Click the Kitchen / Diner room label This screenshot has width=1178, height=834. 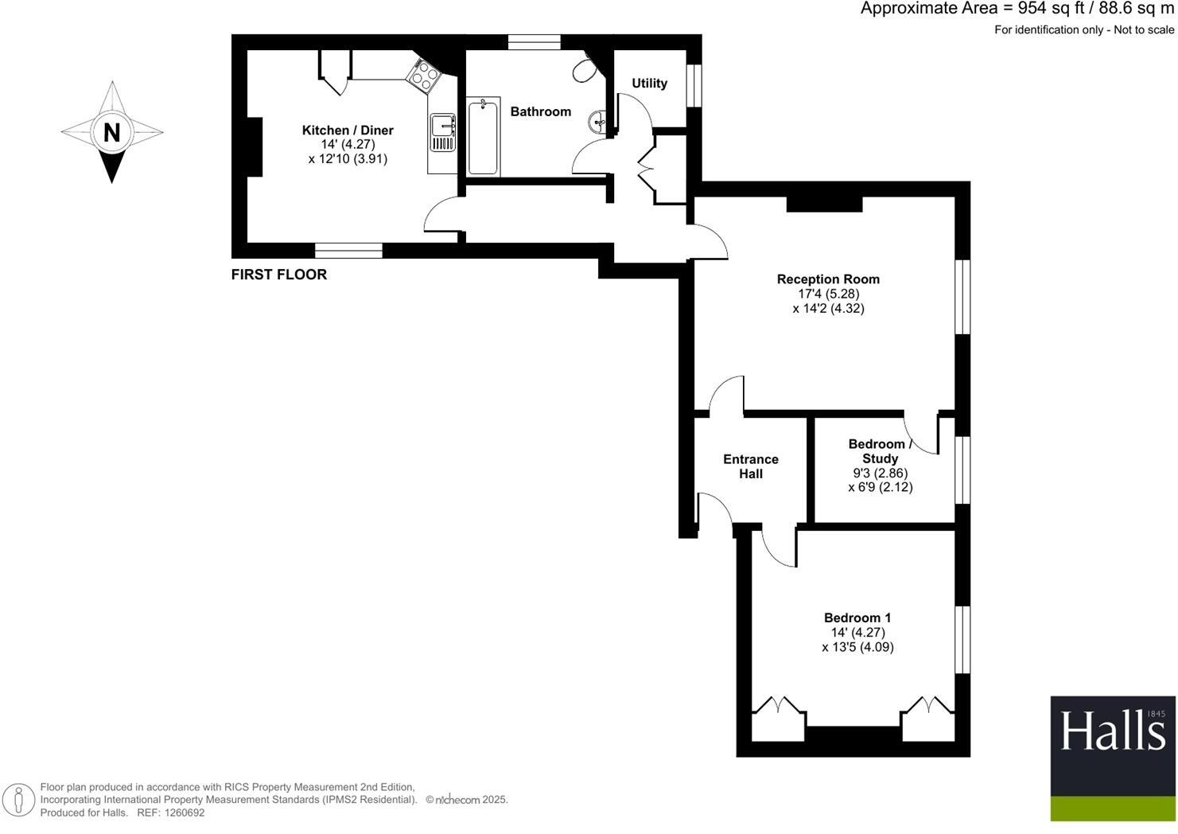[x=348, y=131]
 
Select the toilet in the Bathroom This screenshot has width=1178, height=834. [x=585, y=69]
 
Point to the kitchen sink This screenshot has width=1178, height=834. [x=441, y=132]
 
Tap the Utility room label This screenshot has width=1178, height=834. [x=649, y=84]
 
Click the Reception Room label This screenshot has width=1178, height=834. [x=828, y=279]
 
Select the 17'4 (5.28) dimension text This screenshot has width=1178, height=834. [x=828, y=294]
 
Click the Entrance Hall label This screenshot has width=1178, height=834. [x=750, y=466]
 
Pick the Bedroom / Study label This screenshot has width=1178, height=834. [x=879, y=451]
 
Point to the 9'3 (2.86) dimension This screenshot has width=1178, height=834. [x=880, y=473]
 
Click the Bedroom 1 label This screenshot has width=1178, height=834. [x=857, y=618]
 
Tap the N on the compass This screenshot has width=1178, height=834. [x=112, y=132]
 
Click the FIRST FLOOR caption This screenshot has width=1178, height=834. [x=278, y=275]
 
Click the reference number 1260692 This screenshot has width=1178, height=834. [x=182, y=813]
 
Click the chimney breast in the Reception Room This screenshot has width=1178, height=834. [x=824, y=204]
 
